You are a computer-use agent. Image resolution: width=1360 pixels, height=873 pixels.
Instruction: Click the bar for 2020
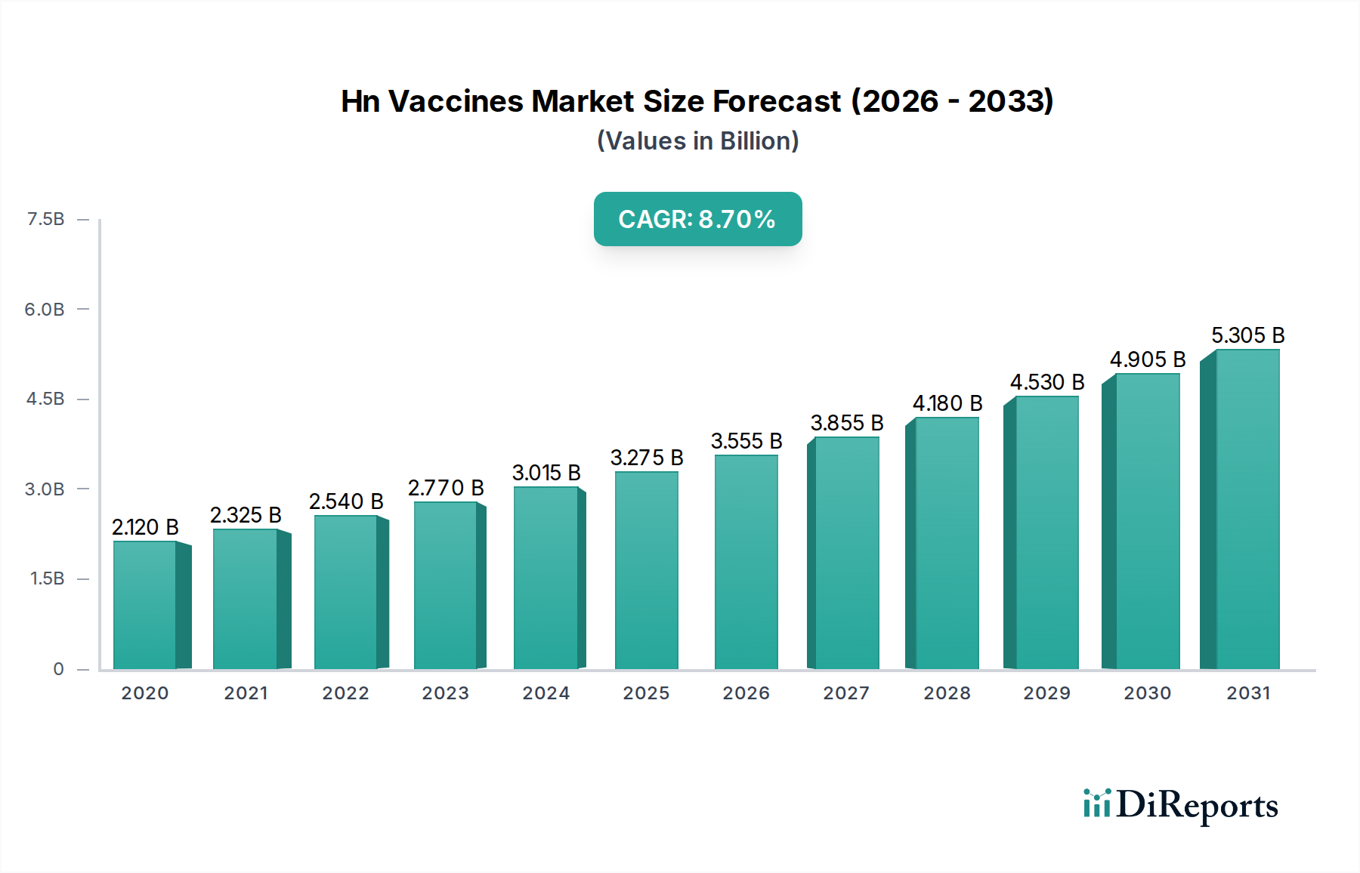145,605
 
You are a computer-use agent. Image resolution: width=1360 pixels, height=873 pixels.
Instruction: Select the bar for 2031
1247,510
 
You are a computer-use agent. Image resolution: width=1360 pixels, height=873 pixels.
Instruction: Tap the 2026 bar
746,562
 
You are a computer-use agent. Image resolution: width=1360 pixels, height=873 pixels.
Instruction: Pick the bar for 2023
446,585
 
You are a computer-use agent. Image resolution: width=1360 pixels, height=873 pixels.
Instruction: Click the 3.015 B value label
546,473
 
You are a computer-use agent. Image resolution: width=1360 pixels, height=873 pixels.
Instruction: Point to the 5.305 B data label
1247,335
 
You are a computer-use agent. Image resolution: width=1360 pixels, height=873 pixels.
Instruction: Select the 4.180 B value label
947,403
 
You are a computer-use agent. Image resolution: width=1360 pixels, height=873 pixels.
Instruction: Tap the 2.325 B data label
246,515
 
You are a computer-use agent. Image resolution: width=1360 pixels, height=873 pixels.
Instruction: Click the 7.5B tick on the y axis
45,219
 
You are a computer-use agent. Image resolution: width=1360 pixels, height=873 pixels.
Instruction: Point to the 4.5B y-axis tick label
45,399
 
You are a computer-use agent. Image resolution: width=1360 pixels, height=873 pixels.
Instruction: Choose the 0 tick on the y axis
58,669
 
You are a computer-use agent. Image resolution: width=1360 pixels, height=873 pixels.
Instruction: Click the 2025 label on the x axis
646,693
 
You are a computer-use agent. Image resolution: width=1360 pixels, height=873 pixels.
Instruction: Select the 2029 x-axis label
1046,693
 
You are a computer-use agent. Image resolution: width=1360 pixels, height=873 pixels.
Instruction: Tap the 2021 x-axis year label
246,693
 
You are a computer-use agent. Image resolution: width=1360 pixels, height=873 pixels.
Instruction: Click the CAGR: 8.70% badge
697,219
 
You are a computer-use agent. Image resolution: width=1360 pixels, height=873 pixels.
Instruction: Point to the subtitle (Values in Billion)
697,141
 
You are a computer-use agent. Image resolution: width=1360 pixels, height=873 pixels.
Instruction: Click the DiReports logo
1180,805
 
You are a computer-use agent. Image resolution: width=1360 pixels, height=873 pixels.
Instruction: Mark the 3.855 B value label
846,423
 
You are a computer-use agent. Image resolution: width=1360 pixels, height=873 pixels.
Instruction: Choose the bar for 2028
946,543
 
